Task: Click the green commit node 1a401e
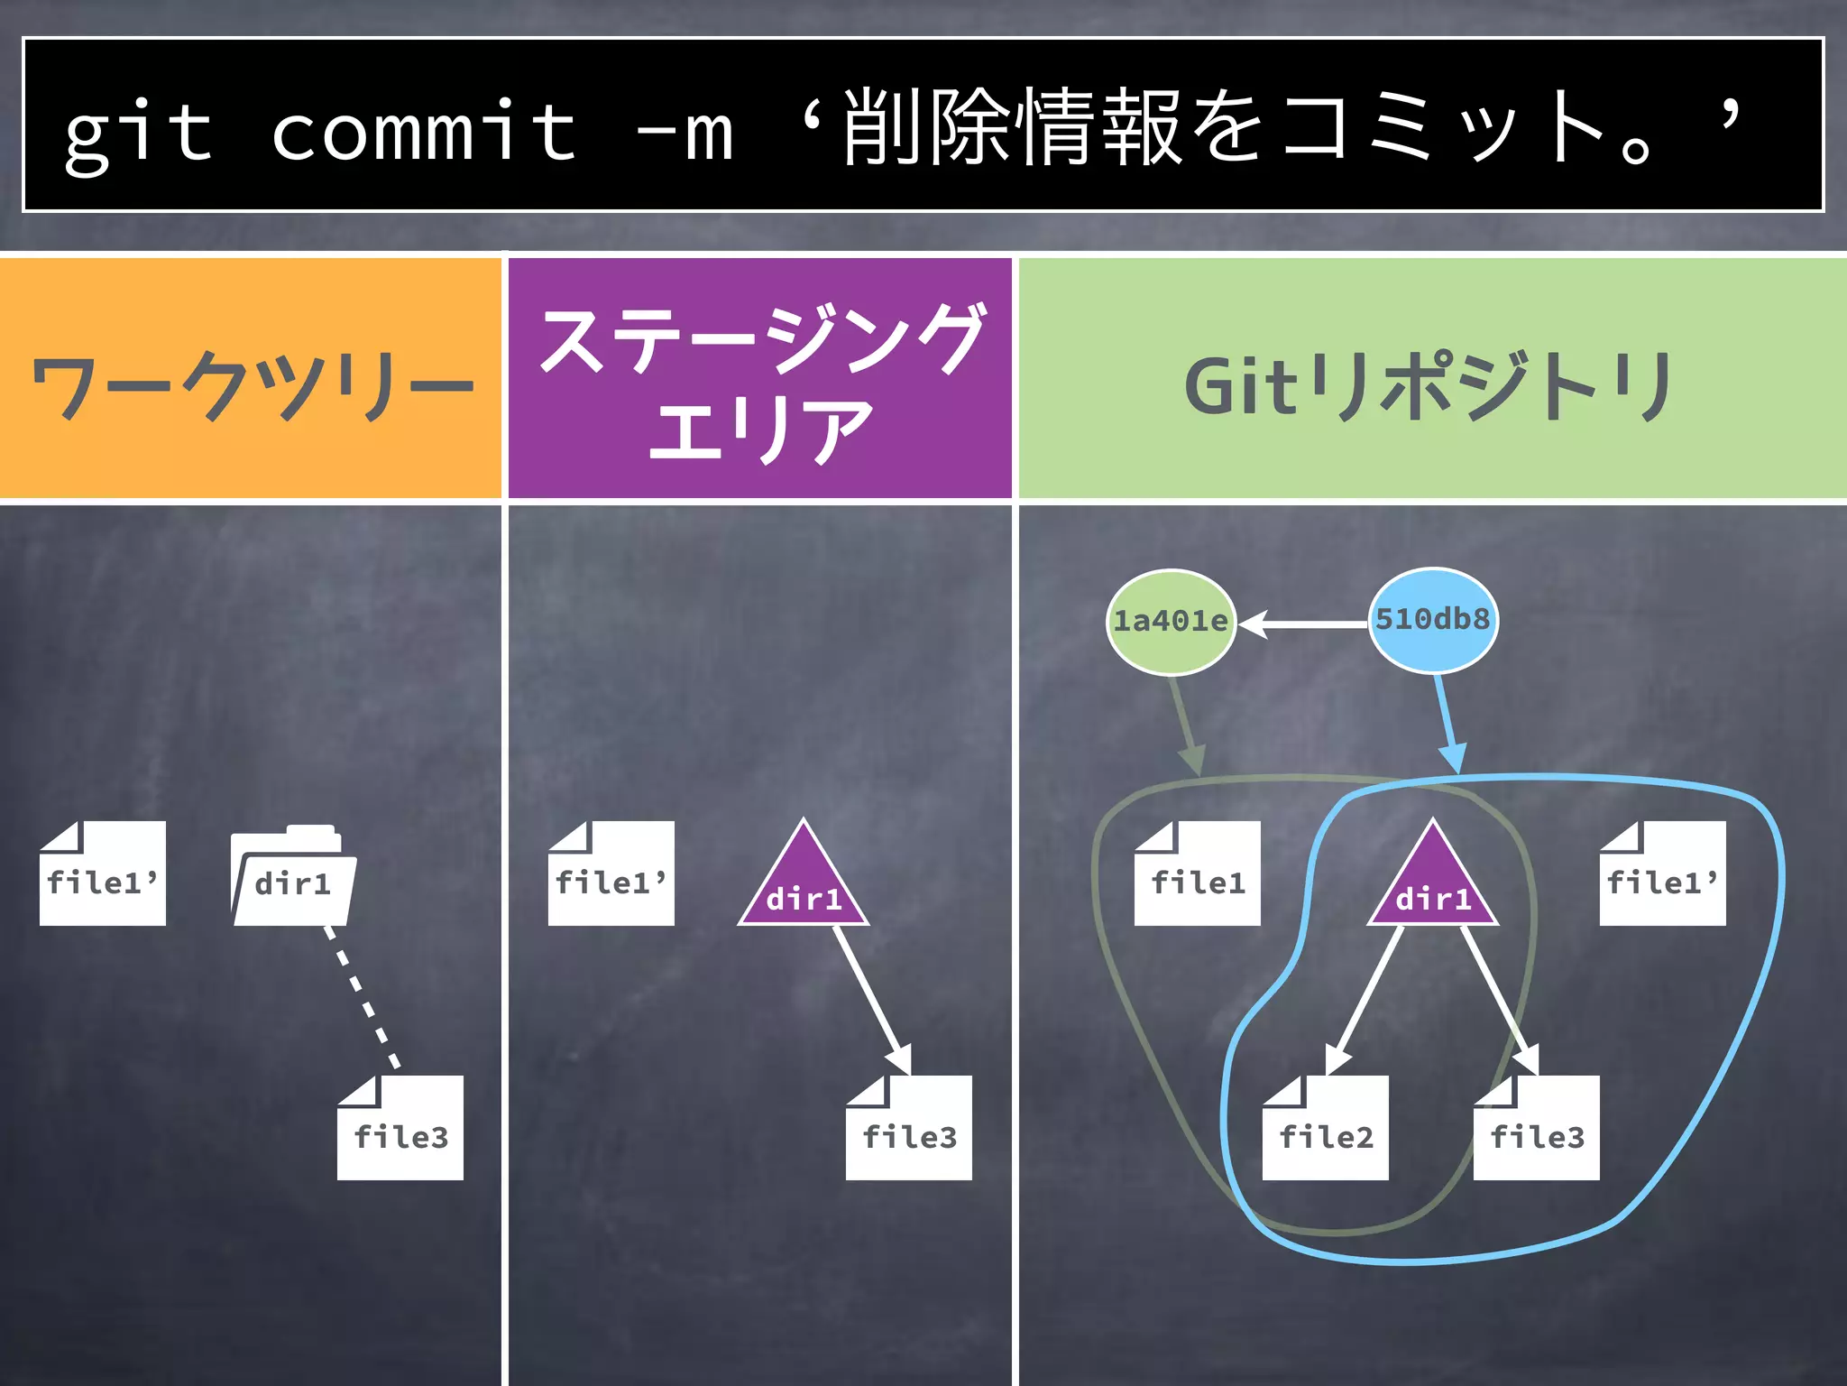coord(1171,622)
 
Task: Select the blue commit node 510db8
coord(1433,620)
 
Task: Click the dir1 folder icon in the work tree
coord(293,877)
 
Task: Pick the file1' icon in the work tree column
coord(103,874)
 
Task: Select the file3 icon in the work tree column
coord(400,1128)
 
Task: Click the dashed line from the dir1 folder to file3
coord(362,998)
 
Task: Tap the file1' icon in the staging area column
coord(611,874)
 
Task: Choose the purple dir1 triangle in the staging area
coord(804,884)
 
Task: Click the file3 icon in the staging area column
coord(909,1128)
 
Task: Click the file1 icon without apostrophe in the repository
coord(1198,874)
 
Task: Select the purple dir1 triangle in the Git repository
coord(1433,884)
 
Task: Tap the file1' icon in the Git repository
coord(1663,874)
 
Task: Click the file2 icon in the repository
coord(1326,1128)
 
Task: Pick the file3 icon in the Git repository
coord(1537,1128)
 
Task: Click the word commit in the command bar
coord(424,133)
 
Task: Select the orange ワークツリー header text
coord(253,386)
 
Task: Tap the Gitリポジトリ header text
coord(1429,386)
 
